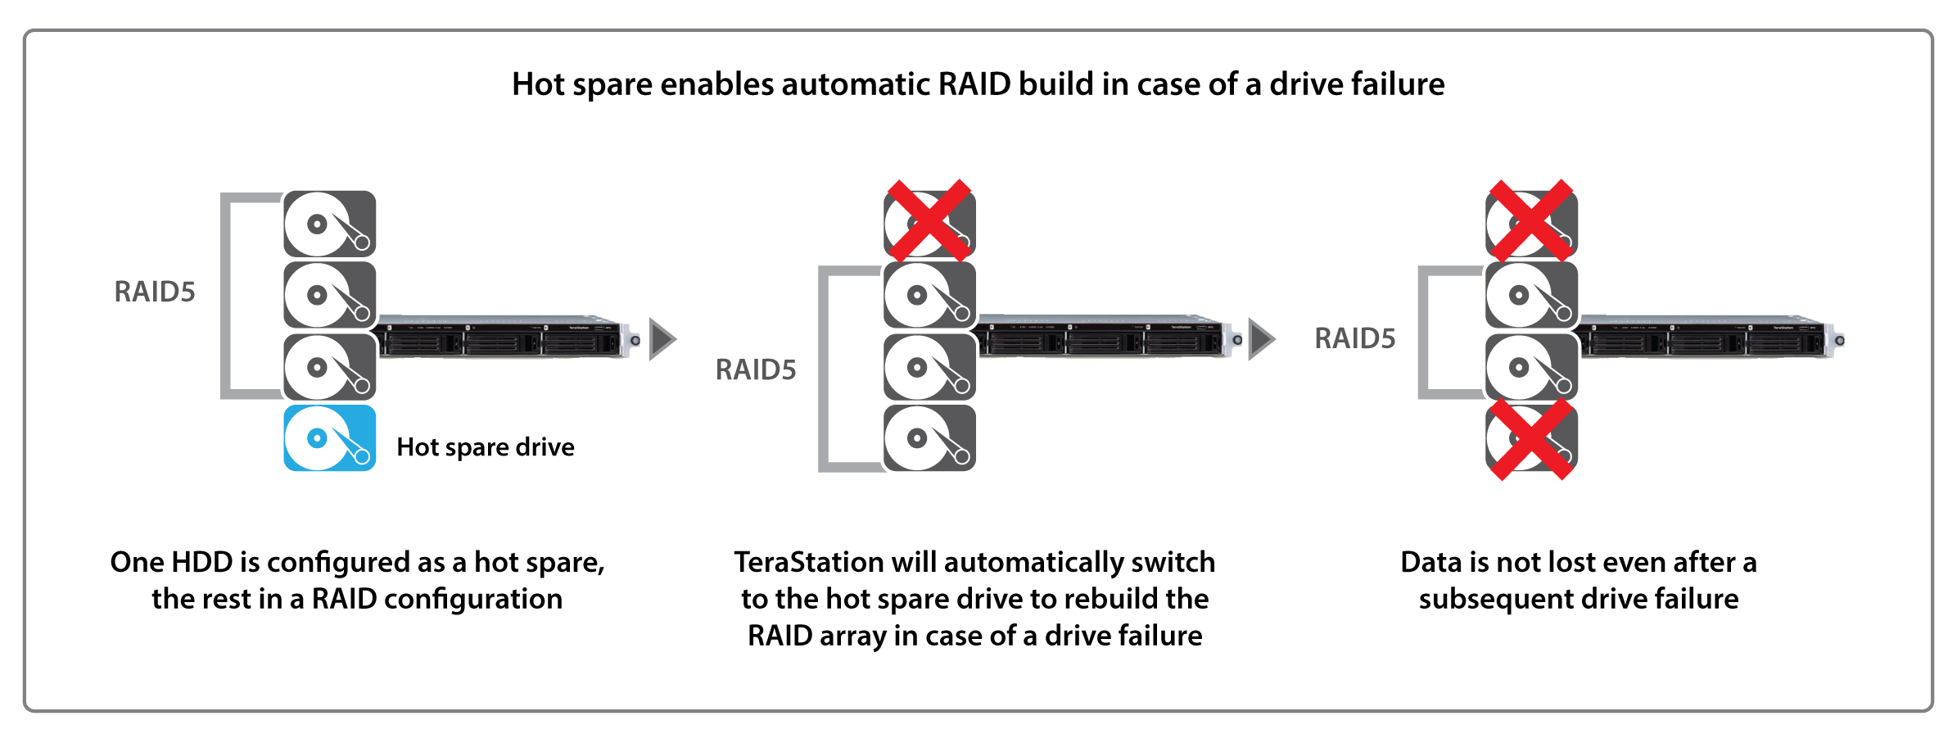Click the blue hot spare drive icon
329,438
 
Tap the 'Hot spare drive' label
485,447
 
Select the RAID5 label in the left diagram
155,292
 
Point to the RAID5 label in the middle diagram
756,370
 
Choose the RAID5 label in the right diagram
1355,339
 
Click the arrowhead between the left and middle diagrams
662,339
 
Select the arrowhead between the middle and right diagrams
1261,339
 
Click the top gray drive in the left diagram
329,224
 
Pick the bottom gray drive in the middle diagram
929,438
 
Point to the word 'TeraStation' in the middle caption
808,563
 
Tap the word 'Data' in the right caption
1430,563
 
